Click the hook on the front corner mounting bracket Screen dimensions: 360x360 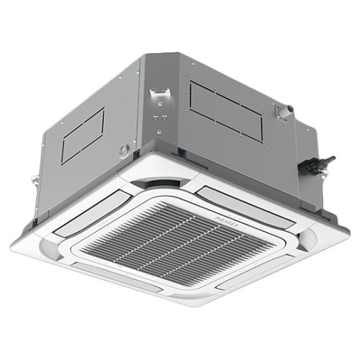(156, 94)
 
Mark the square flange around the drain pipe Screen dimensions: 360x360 (284, 114)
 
